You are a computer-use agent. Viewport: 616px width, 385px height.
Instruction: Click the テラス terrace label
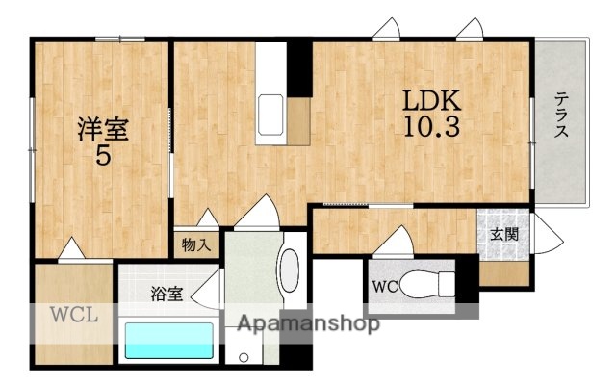[x=560, y=114]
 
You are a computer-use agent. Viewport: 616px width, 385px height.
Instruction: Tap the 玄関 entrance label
[x=502, y=233]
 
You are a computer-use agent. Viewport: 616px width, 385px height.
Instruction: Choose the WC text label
[x=384, y=286]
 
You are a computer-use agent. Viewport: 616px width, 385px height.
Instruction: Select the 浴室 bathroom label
[x=166, y=295]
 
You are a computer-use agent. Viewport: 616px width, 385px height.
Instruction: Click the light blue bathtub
[x=169, y=340]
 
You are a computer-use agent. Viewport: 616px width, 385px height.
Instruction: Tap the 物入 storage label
[x=196, y=244]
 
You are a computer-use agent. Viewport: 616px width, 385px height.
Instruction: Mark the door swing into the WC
[x=398, y=240]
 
